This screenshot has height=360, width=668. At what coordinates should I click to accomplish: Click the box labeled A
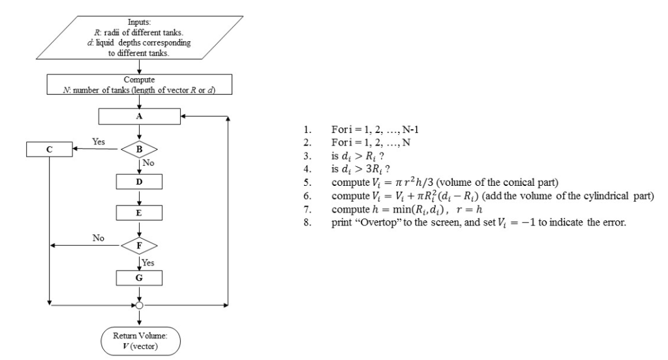click(138, 116)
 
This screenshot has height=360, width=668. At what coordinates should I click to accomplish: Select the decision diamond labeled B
click(138, 149)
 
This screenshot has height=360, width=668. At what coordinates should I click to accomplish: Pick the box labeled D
click(138, 180)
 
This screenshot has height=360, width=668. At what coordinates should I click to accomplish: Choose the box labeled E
click(138, 213)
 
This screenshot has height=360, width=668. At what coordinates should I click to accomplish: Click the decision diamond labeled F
click(138, 245)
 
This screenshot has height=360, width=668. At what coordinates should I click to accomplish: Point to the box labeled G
click(138, 277)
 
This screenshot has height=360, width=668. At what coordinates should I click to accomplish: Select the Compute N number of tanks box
click(138, 85)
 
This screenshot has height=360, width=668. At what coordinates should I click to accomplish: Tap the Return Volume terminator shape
click(138, 338)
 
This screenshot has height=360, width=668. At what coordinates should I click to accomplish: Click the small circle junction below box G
click(138, 305)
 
